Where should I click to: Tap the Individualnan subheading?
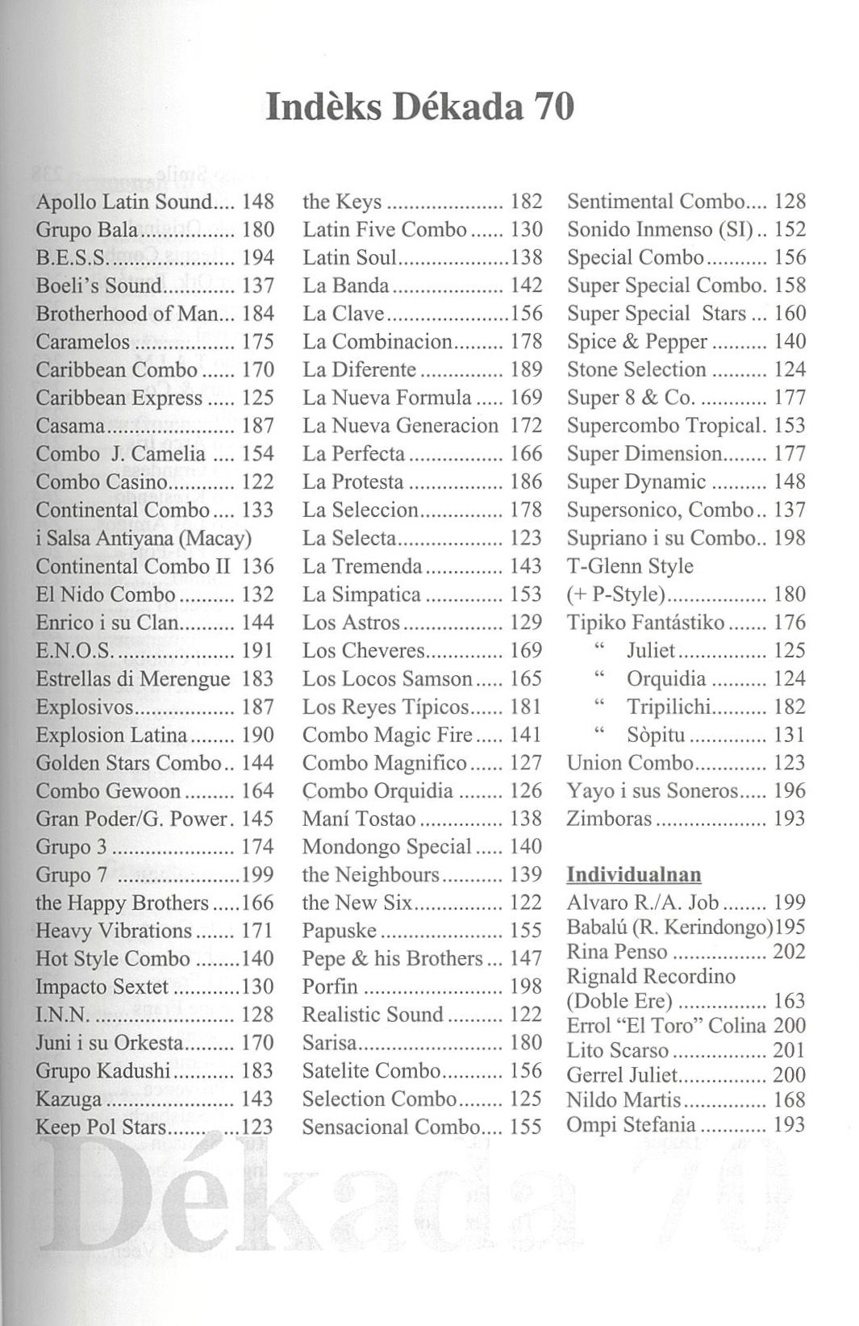pos(634,874)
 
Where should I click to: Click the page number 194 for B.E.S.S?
pos(258,258)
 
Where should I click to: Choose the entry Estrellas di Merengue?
pos(133,679)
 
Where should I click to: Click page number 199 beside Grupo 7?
pos(258,875)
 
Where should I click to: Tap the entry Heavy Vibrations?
pos(114,931)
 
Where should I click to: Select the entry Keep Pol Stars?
pos(101,1127)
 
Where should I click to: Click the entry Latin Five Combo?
pos(385,230)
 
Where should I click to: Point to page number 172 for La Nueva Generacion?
pos(526,426)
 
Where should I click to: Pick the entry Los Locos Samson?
pos(387,679)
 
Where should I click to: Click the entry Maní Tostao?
pos(359,819)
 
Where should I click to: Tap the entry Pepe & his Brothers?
pos(393,959)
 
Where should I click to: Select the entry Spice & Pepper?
pos(637,342)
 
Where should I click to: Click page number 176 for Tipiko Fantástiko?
pos(790,623)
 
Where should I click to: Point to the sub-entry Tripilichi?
pos(669,707)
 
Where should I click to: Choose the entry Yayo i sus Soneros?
pos(653,791)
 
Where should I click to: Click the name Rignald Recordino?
pos(651,977)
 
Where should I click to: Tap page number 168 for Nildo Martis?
pos(789,1100)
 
